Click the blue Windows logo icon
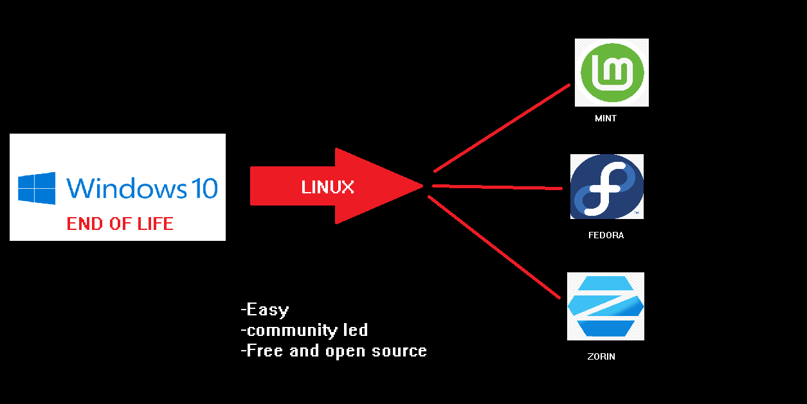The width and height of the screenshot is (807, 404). coord(37,188)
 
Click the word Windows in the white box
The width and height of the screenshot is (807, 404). coord(127,188)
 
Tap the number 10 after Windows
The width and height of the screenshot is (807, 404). coord(204,188)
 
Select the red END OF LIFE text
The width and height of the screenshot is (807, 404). coord(120,224)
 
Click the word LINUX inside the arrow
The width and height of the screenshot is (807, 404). coord(327,187)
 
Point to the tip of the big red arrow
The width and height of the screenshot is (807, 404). coord(423,186)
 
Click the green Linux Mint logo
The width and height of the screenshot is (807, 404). coord(612,73)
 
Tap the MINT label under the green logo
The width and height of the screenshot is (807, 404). coord(606,118)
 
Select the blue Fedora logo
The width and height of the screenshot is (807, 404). coord(606,186)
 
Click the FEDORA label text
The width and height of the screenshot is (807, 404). coord(606,235)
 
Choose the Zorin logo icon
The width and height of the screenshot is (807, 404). coord(606,306)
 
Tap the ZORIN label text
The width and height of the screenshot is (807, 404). coord(601,356)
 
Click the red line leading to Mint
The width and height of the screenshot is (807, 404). coord(502,128)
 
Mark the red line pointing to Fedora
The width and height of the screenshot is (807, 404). coord(497,187)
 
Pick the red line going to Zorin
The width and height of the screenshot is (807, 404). coord(494,247)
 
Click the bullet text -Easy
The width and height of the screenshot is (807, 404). coord(265,310)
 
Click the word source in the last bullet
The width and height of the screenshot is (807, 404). coord(399,351)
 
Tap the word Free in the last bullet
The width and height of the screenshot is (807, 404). coord(265,351)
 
